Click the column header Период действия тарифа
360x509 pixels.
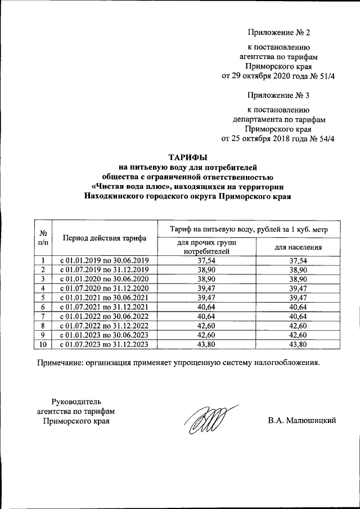pyautogui.click(x=105, y=238)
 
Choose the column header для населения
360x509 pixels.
pyautogui.click(x=298, y=247)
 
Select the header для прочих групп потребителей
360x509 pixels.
pyautogui.click(x=206, y=246)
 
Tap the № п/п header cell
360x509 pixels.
pyautogui.click(x=43, y=237)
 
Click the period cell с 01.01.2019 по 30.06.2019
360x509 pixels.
pyautogui.click(x=104, y=260)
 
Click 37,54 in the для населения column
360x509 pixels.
pyautogui.click(x=298, y=260)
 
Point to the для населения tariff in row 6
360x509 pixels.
pyautogui.click(x=298, y=307)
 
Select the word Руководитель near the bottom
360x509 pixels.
pyautogui.click(x=76, y=401)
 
